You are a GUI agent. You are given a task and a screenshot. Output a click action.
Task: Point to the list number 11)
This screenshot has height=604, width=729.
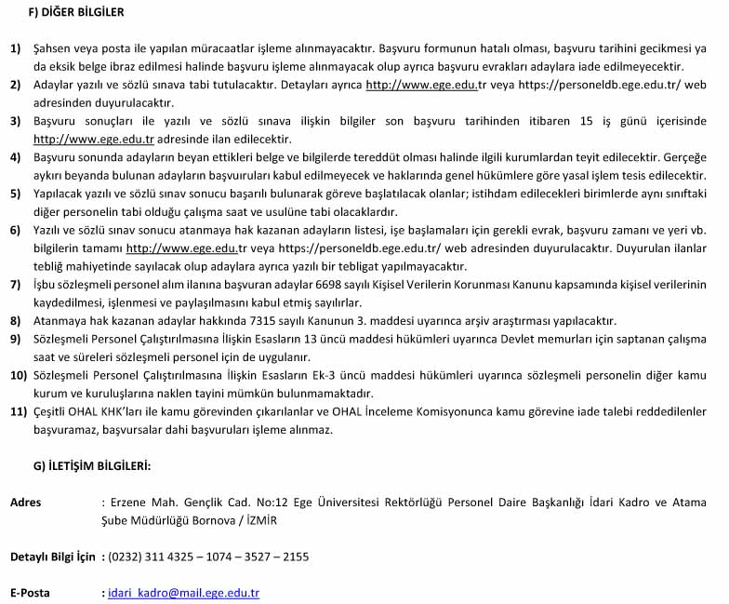point(19,409)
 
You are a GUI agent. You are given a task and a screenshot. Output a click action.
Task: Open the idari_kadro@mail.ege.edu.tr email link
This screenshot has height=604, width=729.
point(184,592)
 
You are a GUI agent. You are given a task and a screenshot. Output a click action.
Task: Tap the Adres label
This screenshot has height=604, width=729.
point(25,503)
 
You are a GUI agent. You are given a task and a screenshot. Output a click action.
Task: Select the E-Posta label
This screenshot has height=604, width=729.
point(30,592)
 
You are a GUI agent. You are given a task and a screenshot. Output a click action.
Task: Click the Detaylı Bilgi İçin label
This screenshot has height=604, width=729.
point(52,557)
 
